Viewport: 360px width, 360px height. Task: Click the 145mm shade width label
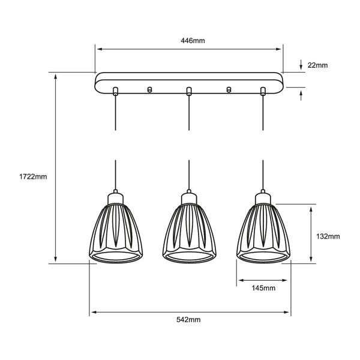coord(263,288)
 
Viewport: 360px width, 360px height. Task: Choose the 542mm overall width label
coord(190,321)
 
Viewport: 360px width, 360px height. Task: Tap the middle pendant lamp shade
coord(188,231)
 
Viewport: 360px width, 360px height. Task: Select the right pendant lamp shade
coord(262,231)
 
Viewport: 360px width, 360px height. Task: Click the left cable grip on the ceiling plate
coord(115,91)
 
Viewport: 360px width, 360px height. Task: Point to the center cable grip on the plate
coord(188,91)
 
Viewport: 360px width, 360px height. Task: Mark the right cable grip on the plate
coord(262,91)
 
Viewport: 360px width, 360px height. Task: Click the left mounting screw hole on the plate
coord(150,90)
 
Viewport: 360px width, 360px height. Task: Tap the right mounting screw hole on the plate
coord(228,90)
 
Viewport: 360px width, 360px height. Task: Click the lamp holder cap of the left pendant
coord(115,197)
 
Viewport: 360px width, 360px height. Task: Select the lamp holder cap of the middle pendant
coord(188,197)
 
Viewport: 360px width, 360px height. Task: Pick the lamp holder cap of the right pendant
coord(262,197)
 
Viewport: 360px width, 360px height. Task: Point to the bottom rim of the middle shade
coord(188,259)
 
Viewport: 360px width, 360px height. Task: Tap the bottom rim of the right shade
coord(262,259)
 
